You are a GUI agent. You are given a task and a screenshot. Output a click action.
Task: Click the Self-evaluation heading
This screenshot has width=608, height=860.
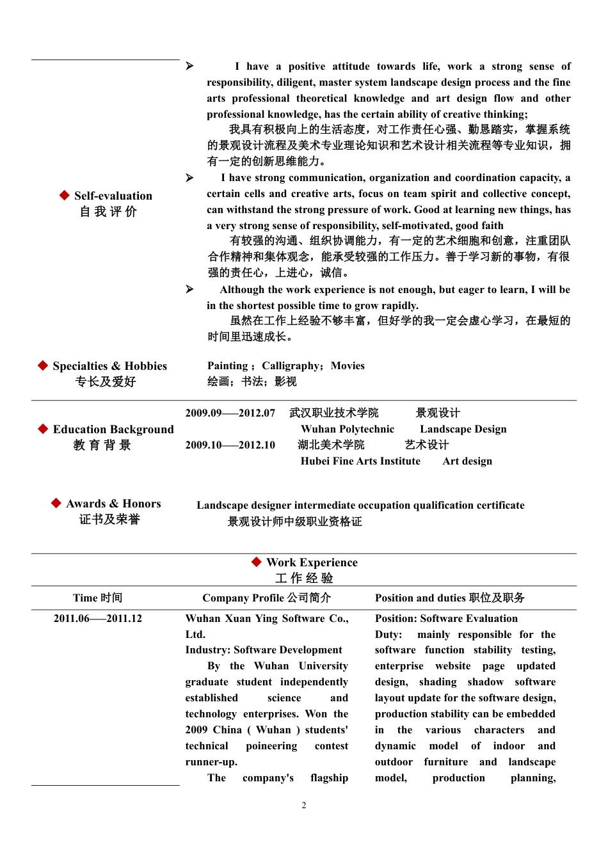pos(113,196)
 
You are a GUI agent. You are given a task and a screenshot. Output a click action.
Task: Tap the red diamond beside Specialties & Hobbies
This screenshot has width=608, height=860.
pos(43,365)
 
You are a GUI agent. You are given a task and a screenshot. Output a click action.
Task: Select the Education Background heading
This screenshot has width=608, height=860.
pos(113,429)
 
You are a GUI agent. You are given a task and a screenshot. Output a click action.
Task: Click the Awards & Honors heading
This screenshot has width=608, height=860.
pos(113,504)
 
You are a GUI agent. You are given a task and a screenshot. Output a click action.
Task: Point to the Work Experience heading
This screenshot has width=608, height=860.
pos(312,562)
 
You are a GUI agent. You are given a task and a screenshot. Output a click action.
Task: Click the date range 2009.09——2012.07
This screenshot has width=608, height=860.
pos(230,413)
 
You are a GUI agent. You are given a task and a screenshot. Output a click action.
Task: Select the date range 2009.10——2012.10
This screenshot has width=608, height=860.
pos(230,445)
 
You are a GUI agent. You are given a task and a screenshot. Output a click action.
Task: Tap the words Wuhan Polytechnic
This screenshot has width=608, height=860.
pos(348,429)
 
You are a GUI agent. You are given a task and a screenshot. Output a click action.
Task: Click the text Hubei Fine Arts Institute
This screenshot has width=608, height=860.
pos(360,461)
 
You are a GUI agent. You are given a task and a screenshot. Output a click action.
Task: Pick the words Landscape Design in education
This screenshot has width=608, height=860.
pos(463,429)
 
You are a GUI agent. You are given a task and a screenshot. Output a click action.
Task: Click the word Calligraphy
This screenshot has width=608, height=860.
pos(291,366)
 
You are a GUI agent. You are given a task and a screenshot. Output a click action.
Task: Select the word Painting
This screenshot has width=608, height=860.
pos(227,366)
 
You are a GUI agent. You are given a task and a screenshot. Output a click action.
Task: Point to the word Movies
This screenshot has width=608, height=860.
pos(348,366)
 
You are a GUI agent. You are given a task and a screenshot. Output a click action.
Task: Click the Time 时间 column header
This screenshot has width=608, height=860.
pos(97,598)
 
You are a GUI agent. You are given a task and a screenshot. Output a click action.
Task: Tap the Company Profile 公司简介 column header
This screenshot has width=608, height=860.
pos(266,598)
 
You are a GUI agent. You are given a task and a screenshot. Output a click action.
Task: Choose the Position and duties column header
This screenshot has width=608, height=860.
pos(449,598)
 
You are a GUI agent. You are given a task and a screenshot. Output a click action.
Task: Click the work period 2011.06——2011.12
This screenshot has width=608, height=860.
pos(98,619)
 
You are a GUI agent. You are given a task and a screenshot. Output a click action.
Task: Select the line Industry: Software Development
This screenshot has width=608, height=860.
pos(264,650)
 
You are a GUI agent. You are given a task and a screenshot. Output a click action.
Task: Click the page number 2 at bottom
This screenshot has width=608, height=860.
pos(304,806)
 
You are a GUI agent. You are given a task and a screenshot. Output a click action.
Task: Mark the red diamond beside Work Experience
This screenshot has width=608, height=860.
pos(257,562)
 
